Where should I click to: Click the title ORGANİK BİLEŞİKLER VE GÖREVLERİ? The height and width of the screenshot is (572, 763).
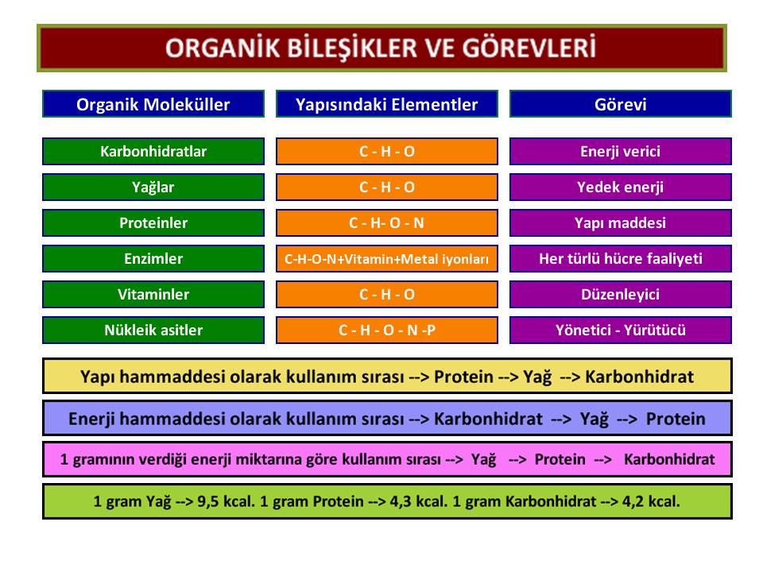tap(381, 48)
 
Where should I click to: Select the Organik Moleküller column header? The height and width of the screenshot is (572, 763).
tap(153, 103)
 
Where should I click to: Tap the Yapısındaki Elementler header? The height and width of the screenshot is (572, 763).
tap(387, 103)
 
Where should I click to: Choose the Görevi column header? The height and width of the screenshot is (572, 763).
tap(621, 103)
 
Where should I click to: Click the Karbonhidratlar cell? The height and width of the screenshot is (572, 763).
tap(153, 151)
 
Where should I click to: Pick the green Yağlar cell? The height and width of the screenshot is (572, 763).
tap(153, 187)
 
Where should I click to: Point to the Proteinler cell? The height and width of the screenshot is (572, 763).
tap(153, 222)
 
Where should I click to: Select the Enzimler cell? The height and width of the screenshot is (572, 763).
tap(153, 258)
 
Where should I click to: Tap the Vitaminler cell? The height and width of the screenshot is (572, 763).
tap(153, 294)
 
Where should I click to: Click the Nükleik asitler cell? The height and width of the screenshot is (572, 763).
tap(153, 330)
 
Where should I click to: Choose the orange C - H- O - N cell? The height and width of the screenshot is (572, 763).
tap(387, 222)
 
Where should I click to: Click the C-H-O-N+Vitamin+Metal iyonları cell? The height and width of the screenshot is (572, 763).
tap(387, 258)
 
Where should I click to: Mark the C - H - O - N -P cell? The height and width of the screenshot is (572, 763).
tap(387, 330)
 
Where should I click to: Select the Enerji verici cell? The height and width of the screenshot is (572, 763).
tap(621, 151)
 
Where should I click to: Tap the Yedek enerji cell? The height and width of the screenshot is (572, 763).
tap(621, 187)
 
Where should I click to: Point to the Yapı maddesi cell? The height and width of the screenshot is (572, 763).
tap(621, 222)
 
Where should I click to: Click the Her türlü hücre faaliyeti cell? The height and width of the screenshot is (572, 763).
tap(621, 258)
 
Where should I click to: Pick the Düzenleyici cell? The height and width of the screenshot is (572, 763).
tap(621, 294)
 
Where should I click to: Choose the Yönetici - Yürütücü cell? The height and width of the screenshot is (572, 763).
tap(621, 330)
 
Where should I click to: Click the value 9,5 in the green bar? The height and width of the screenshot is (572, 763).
tap(207, 501)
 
